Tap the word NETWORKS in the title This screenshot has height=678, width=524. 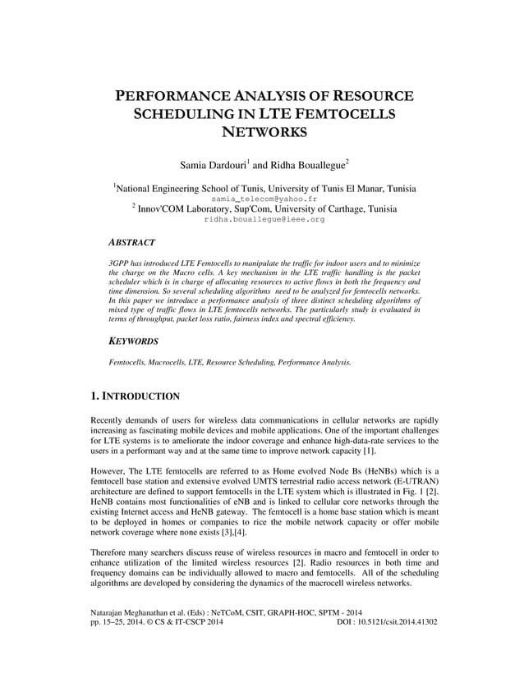pos(262,132)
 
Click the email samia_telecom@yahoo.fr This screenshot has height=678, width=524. pos(262,199)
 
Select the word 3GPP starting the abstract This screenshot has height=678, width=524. pos(120,261)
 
